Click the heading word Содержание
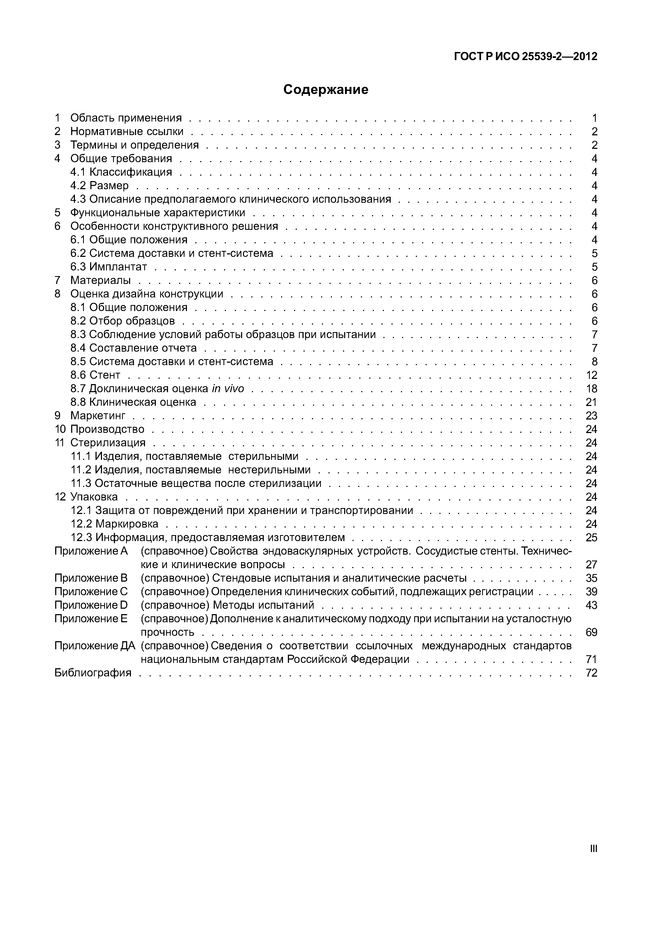coord(326,89)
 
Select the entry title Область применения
coord(126,118)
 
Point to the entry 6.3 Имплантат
coord(108,267)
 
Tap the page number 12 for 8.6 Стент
coord(591,375)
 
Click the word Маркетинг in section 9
coord(98,415)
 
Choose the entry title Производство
coord(107,429)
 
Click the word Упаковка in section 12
coord(94,497)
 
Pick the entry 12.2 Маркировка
coord(115,524)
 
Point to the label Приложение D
coord(91,605)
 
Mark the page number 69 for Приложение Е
coord(591,632)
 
